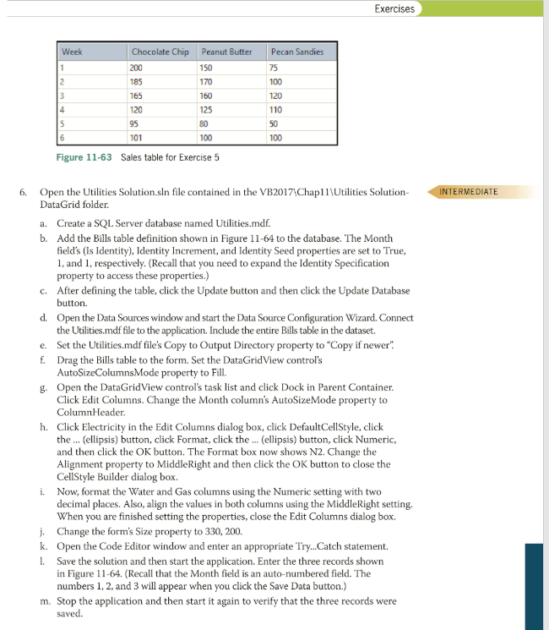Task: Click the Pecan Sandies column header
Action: [298, 52]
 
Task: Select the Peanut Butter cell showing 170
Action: [206, 81]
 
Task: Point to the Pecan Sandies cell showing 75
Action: [274, 67]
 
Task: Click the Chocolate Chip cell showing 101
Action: [137, 137]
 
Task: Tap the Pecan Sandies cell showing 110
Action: [275, 109]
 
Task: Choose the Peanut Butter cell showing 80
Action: [204, 123]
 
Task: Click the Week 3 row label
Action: [63, 96]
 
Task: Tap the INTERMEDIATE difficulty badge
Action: [470, 191]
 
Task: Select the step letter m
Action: [44, 601]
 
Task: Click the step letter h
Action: [44, 427]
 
